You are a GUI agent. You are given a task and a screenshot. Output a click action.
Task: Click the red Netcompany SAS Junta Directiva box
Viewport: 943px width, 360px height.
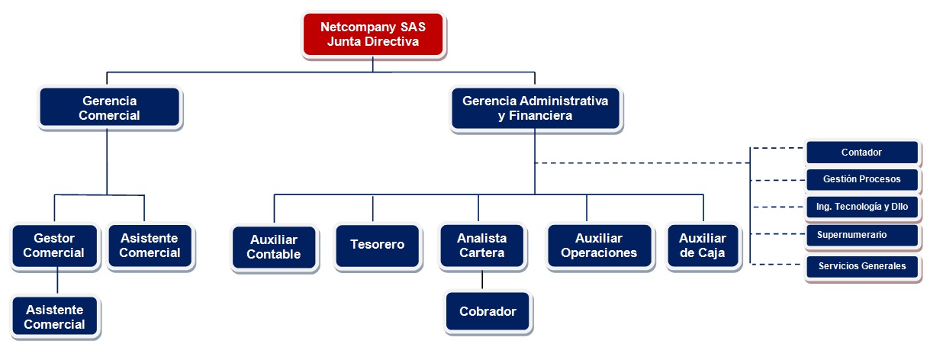point(373,34)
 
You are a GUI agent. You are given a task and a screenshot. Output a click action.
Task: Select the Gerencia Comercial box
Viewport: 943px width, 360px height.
point(109,108)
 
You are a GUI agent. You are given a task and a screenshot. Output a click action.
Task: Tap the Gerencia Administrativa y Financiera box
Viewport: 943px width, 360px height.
point(535,108)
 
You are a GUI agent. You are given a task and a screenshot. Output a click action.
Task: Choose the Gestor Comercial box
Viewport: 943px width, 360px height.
point(54,246)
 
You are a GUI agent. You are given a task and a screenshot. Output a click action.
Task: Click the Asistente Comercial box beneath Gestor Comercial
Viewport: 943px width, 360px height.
point(55,317)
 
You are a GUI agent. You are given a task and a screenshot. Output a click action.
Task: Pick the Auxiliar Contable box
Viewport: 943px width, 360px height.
point(274,247)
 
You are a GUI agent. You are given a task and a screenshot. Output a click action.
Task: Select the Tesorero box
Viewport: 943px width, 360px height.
point(377,245)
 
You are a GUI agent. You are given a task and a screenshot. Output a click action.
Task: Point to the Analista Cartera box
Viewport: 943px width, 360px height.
point(481,245)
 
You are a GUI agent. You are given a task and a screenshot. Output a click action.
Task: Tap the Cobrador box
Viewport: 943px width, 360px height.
point(488,311)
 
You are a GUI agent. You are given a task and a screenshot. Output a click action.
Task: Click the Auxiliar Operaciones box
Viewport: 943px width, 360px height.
point(599,245)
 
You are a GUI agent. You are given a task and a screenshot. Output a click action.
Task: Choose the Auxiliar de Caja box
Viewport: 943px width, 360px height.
point(702,245)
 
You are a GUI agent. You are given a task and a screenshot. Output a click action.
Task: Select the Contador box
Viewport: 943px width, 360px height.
point(861,153)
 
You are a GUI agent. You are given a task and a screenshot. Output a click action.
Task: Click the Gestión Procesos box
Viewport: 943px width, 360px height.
point(861,180)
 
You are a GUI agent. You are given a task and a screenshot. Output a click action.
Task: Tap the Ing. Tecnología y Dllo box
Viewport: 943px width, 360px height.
point(861,207)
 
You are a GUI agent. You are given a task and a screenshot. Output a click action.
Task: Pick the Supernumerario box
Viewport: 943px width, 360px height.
point(861,235)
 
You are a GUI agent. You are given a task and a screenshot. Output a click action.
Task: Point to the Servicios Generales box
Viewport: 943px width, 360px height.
point(861,266)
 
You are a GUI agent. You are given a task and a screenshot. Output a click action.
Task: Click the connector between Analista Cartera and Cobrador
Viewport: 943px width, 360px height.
point(482,279)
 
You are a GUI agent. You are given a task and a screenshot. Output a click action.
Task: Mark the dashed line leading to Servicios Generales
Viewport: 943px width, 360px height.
point(778,264)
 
